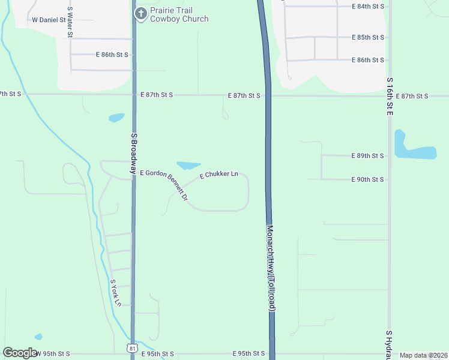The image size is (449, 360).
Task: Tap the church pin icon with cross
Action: pyautogui.click(x=140, y=14)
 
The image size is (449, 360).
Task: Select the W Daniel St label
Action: pyautogui.click(x=49, y=20)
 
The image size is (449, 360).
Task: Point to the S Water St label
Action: pyautogui.click(x=70, y=22)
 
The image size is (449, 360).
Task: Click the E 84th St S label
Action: pyautogui.click(x=367, y=6)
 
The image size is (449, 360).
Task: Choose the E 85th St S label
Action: pyautogui.click(x=367, y=37)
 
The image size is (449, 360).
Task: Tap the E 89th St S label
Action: pyautogui.click(x=367, y=155)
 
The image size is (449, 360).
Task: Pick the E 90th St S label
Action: pyautogui.click(x=367, y=179)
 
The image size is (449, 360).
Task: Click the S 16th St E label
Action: pyautogui.click(x=390, y=96)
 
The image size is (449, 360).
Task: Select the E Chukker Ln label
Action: pyautogui.click(x=219, y=174)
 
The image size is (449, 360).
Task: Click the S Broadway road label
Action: pyautogui.click(x=134, y=153)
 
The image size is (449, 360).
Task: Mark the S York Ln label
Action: pyautogui.click(x=116, y=292)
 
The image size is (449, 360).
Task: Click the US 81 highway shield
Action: pyautogui.click(x=132, y=347)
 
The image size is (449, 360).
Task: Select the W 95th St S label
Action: pyautogui.click(x=53, y=354)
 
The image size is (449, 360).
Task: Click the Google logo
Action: pyautogui.click(x=20, y=353)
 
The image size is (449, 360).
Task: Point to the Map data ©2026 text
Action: pyautogui.click(x=423, y=355)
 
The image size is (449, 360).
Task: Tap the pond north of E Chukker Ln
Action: pyautogui.click(x=188, y=165)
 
